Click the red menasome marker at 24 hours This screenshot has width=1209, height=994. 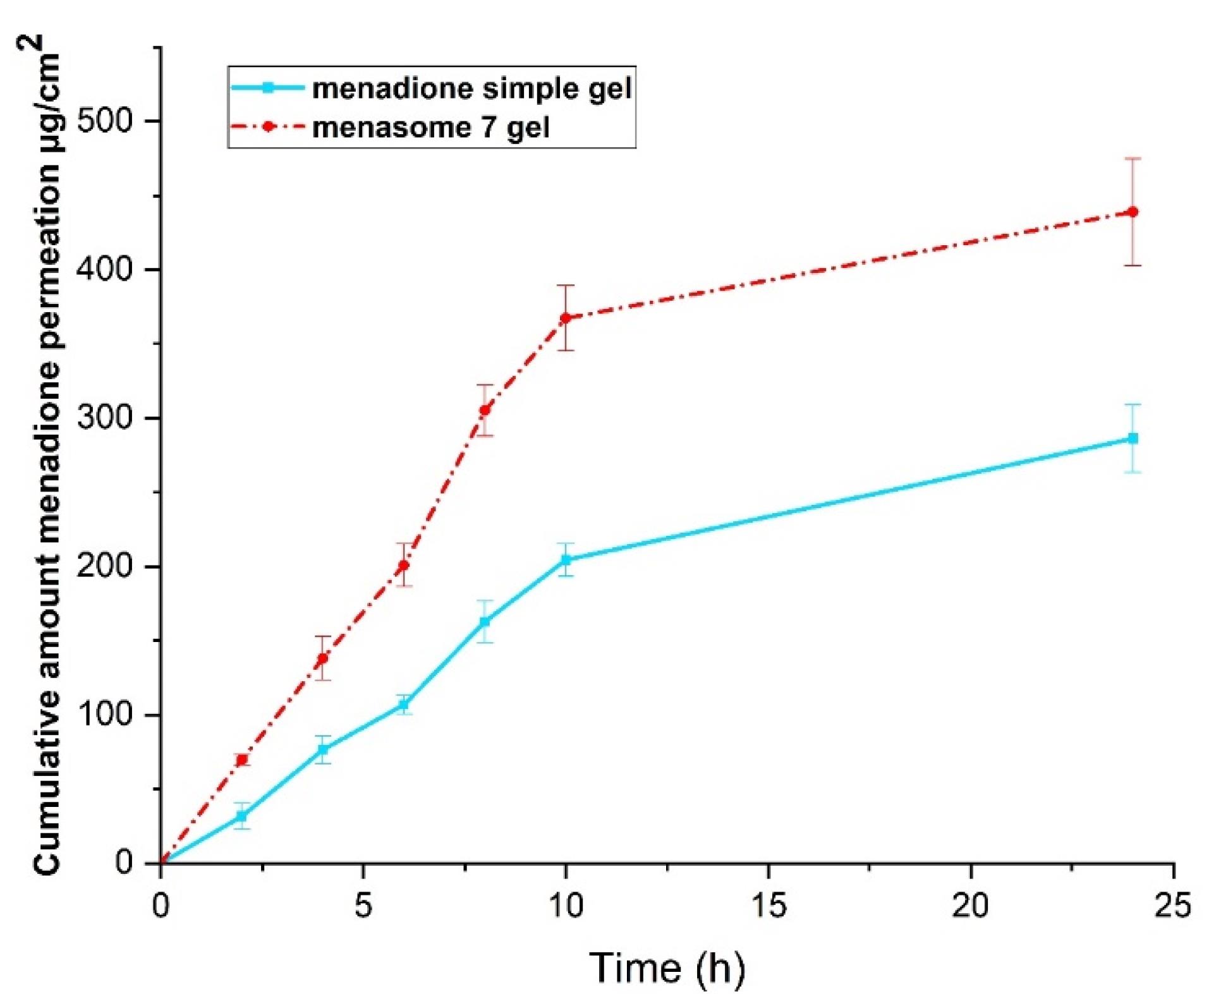pos(1133,212)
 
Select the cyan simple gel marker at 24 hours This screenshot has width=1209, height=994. pos(1133,438)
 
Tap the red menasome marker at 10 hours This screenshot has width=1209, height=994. pos(566,317)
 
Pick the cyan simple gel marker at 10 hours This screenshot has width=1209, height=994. pos(566,559)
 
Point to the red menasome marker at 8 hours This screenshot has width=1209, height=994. pos(485,410)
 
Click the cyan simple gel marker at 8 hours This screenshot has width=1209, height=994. pos(485,621)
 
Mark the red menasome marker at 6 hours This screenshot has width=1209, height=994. pos(403,565)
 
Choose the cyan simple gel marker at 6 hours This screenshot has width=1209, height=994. pos(403,704)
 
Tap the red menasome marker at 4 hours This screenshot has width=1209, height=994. pos(322,658)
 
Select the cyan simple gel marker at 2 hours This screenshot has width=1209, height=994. pos(241,816)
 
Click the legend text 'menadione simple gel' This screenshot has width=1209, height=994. pos(471,88)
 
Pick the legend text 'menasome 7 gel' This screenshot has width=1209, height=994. pos(430,127)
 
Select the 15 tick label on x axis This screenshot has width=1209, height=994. pos(769,905)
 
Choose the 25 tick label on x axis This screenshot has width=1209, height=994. pos(1173,905)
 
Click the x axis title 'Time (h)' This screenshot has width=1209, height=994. pos(667,967)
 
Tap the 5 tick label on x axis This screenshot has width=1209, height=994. pos(363,905)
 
